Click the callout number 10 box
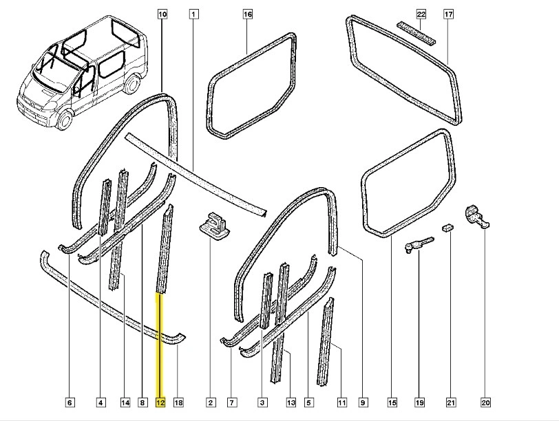[x=162, y=14]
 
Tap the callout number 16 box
[x=248, y=14]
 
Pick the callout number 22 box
[x=421, y=14]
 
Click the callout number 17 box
[x=448, y=14]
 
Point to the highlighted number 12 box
[x=160, y=402]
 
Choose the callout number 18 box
[x=178, y=402]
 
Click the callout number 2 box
[x=211, y=402]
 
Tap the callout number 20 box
[x=485, y=402]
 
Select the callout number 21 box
[x=451, y=402]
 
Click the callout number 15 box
[x=392, y=402]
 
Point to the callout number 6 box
[x=70, y=402]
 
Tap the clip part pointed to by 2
[x=215, y=224]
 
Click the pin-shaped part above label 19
[x=419, y=243]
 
